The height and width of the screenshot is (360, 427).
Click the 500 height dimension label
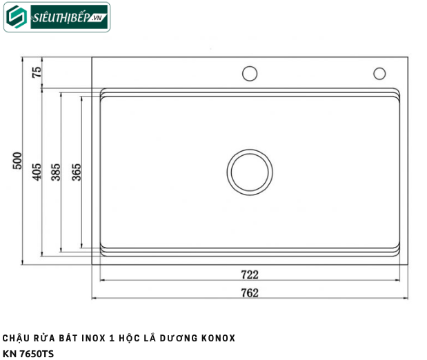click(17, 161)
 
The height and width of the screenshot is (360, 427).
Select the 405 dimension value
click(37, 172)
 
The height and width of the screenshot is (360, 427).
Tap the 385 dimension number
click(56, 172)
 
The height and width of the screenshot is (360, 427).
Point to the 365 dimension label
click(77, 172)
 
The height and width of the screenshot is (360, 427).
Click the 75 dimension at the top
click(37, 72)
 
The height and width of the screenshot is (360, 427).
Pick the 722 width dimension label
click(250, 274)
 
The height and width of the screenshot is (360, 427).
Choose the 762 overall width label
click(250, 292)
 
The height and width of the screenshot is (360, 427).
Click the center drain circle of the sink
click(250, 172)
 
